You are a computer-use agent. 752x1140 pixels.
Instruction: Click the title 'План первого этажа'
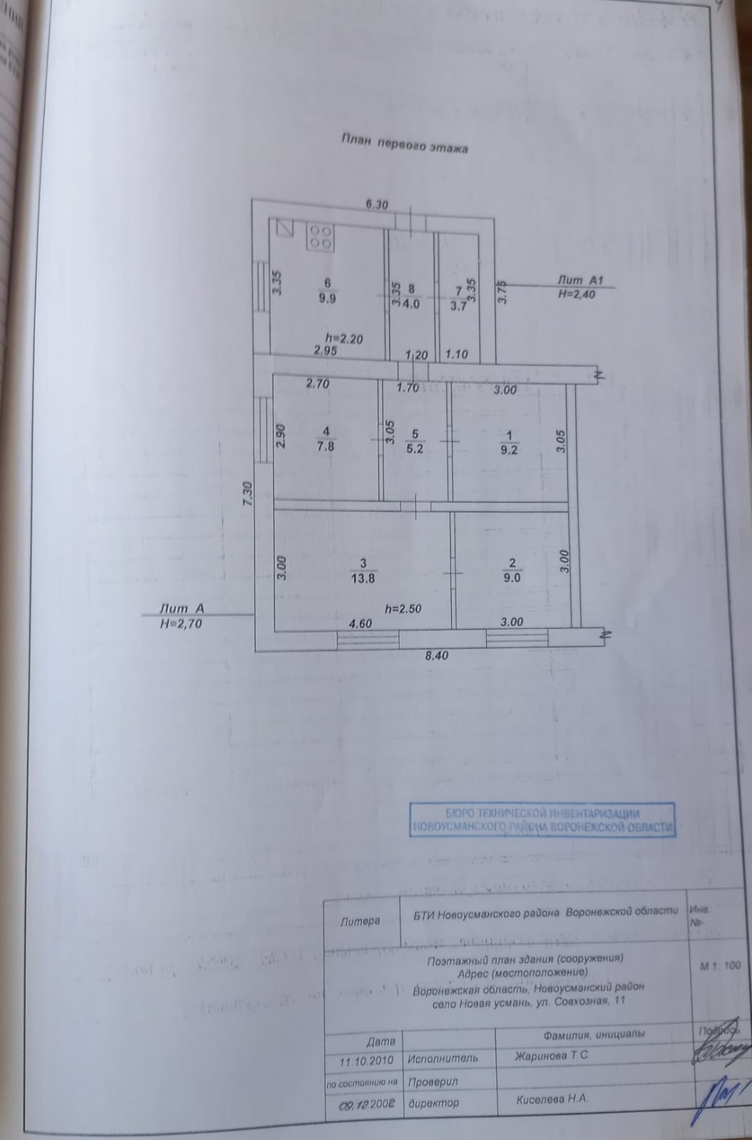point(404,144)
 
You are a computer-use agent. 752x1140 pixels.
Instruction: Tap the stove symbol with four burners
point(321,237)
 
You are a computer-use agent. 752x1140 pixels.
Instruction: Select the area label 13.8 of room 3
point(362,579)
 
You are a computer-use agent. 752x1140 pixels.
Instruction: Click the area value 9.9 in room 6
point(327,299)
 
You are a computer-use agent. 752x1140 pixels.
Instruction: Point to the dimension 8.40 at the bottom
point(436,656)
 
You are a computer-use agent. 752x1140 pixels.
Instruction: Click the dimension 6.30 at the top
point(376,205)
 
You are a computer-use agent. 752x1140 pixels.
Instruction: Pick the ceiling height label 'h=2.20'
point(344,339)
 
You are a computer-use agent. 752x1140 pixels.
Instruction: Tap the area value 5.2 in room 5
point(414,449)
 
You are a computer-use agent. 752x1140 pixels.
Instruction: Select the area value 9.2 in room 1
point(509,450)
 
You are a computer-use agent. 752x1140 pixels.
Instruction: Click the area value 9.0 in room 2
point(513,579)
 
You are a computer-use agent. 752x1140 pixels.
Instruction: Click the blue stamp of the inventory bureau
point(542,820)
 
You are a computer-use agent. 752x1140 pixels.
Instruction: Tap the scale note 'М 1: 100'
point(721,966)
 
